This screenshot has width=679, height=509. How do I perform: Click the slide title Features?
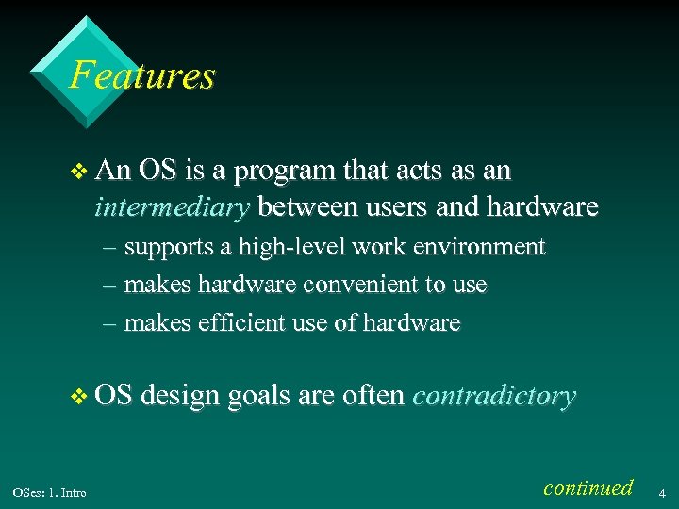[142, 75]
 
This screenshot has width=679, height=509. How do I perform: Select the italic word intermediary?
[173, 206]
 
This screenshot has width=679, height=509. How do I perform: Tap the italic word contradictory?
[494, 396]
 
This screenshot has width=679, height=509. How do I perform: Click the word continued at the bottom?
[588, 487]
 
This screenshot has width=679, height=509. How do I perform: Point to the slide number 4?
[662, 492]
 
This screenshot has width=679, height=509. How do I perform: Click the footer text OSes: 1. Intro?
[49, 493]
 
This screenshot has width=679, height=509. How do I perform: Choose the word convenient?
[356, 285]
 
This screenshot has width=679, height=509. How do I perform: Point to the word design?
[184, 396]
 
